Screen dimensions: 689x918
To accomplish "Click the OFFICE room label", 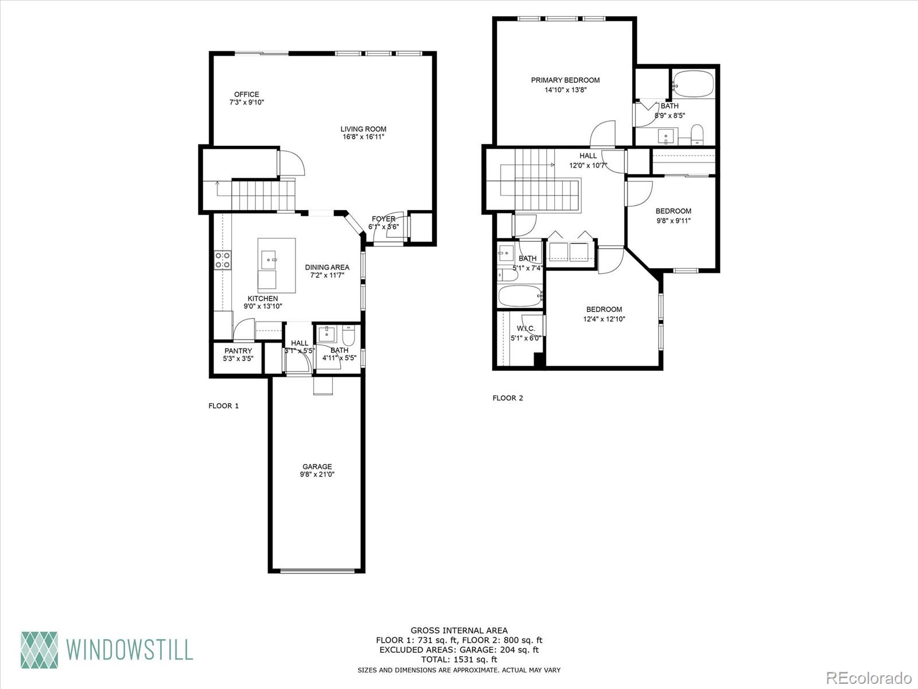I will (246, 94).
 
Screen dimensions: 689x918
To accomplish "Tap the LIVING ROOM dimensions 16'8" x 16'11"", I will (363, 137).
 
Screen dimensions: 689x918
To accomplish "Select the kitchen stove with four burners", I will (223, 260).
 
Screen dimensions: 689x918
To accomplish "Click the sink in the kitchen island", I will (269, 260).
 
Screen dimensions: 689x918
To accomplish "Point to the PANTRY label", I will (238, 351).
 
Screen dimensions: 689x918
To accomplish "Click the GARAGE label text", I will (317, 467).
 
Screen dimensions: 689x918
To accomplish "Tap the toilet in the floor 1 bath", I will (349, 335).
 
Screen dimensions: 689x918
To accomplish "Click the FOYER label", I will (383, 219).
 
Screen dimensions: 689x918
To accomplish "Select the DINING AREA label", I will (327, 267).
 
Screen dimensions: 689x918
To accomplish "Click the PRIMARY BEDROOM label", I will (565, 80).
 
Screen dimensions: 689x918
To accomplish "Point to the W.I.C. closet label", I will (526, 328).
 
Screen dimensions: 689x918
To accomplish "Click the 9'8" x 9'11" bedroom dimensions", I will (674, 220).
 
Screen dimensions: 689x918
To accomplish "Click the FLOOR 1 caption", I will (224, 406).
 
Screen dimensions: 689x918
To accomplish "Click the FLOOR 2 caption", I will (508, 398).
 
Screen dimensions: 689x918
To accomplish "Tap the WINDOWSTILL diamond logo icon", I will (40, 650).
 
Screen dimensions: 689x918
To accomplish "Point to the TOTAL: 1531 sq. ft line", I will (459, 660).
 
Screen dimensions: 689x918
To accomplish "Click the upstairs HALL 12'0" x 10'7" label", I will (588, 156).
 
